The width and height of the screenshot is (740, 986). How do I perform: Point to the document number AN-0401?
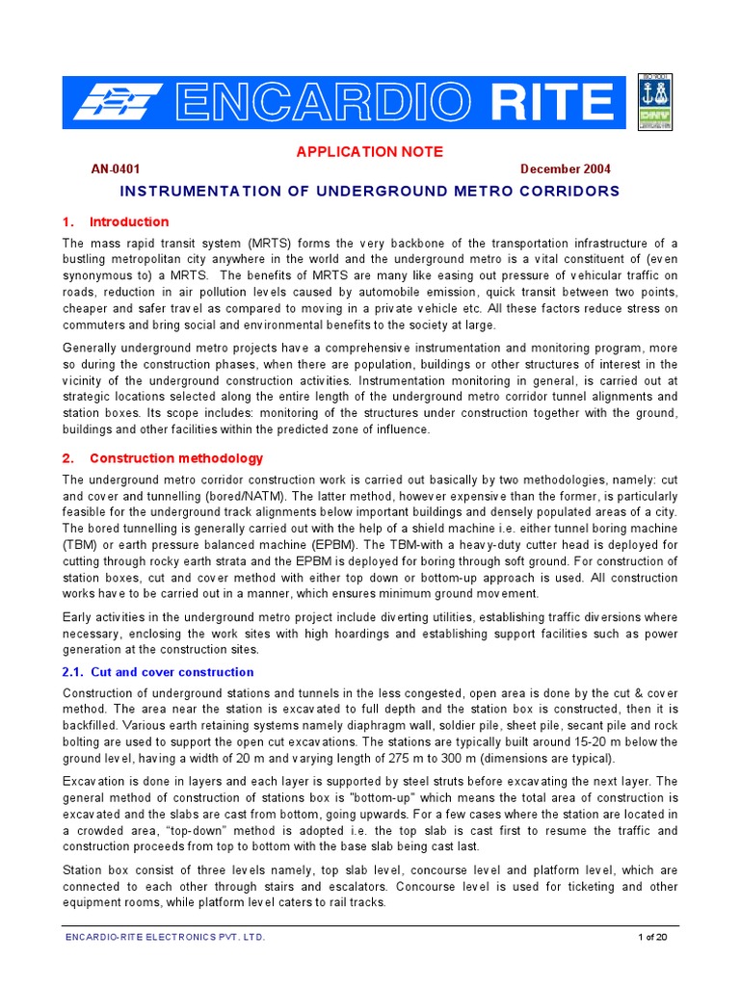coord(116,169)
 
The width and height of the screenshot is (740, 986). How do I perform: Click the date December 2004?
coord(565,169)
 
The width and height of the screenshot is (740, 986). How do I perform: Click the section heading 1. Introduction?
coord(116,221)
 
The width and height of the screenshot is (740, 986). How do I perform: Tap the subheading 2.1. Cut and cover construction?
coord(158,672)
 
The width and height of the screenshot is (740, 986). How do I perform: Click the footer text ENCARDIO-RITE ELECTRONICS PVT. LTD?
coord(164,937)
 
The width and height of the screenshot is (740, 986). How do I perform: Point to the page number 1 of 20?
coord(652,937)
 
